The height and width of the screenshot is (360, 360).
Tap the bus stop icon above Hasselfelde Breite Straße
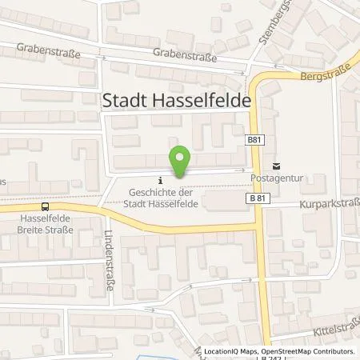46,206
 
